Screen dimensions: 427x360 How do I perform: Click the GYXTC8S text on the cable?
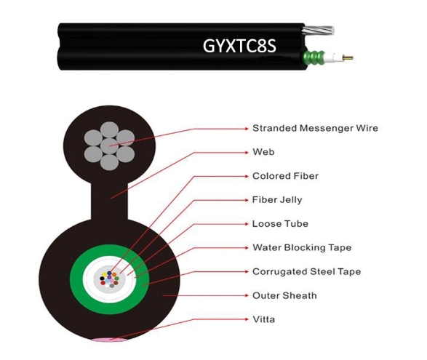[x=239, y=46]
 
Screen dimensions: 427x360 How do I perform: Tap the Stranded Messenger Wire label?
[x=315, y=128]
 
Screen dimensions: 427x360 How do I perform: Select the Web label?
[x=263, y=152]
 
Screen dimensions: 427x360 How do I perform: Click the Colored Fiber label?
[x=285, y=176]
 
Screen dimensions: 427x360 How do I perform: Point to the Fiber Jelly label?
[x=277, y=200]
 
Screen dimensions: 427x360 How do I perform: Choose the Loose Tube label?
[x=280, y=223]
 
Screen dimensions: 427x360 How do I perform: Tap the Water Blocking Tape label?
[x=302, y=247]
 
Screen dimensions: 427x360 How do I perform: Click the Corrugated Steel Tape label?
[x=307, y=271]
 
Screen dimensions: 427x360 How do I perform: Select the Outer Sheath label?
[x=284, y=295]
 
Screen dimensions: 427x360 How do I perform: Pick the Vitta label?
[x=263, y=319]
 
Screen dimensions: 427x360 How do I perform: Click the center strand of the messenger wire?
[x=109, y=146]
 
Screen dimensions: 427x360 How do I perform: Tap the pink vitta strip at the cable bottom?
[x=109, y=340]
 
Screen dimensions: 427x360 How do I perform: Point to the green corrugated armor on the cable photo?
[x=314, y=57]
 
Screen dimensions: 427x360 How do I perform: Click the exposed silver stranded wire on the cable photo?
[x=319, y=30]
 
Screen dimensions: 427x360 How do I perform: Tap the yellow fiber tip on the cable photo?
[x=348, y=57]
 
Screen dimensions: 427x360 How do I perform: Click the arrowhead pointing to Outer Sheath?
[x=247, y=295]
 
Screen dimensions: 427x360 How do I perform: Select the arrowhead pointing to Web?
[x=247, y=152]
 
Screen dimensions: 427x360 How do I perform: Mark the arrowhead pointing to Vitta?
[x=247, y=319]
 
